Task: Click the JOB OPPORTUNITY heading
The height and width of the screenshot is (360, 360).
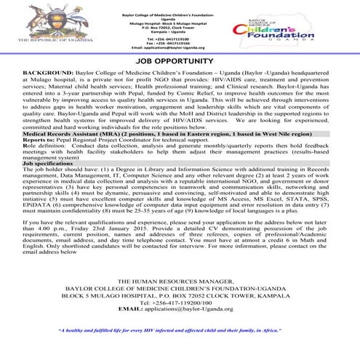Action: point(179,63)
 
